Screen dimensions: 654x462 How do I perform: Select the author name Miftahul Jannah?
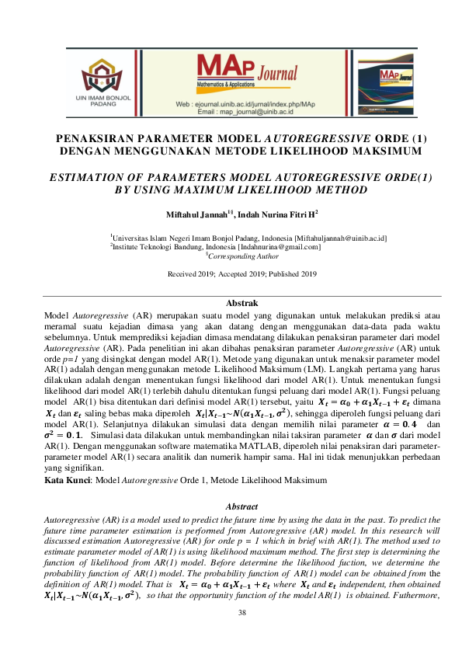coord(205,213)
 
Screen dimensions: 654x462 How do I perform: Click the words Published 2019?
coord(294,273)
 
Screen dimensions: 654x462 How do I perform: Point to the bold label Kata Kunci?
coord(68,481)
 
